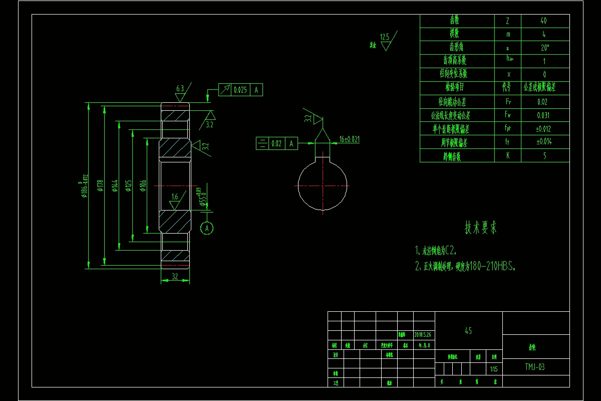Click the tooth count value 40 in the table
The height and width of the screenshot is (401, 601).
[544, 21]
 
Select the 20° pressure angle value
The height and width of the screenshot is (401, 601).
[544, 48]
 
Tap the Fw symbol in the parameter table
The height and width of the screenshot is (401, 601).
[508, 115]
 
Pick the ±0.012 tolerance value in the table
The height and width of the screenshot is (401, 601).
[544, 129]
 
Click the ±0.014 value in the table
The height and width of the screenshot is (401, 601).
[544, 142]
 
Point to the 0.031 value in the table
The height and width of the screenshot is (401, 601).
[544, 115]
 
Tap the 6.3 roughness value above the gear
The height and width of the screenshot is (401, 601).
[180, 89]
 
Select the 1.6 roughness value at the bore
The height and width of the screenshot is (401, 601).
[175, 197]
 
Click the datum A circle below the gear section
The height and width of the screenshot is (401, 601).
[207, 228]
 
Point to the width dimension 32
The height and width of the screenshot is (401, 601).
[175, 276]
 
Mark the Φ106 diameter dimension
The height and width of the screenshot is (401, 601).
[143, 186]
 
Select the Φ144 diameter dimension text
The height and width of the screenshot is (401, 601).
[115, 186]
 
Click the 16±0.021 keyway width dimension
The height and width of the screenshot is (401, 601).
[350, 139]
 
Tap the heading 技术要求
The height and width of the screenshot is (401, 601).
[481, 228]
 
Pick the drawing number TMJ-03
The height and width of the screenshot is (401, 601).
[535, 367]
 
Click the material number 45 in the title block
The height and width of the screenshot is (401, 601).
[468, 331]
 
